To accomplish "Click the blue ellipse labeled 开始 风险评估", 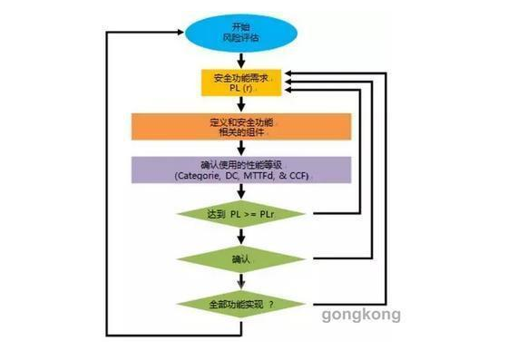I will (240, 34).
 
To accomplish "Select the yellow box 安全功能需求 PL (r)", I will (240, 83).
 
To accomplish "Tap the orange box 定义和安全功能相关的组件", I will (240, 127).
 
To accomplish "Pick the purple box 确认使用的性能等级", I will (240, 171).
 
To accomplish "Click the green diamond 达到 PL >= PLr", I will (240, 216).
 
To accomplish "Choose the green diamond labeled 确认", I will (240, 259).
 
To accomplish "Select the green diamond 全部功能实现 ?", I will (240, 305).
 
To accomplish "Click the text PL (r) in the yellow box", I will (240, 90).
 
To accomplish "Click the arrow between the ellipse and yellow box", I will (240, 61).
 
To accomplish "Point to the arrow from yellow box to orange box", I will (240, 105).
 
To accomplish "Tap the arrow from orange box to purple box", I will (240, 149).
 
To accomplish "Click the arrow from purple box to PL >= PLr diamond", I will (240, 193).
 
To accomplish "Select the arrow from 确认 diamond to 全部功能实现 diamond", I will (240, 281).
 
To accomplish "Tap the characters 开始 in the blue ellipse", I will (240, 26).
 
